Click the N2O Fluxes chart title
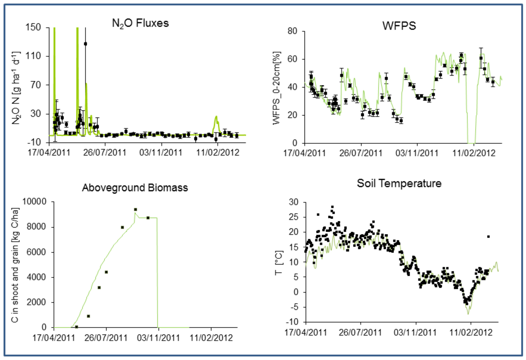coord(141,23)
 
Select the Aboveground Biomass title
coord(135,188)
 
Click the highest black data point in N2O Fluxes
coord(85,44)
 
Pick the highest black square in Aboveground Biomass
coord(135,210)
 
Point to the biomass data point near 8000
coord(122,227)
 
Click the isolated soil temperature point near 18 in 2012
coord(488,237)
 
